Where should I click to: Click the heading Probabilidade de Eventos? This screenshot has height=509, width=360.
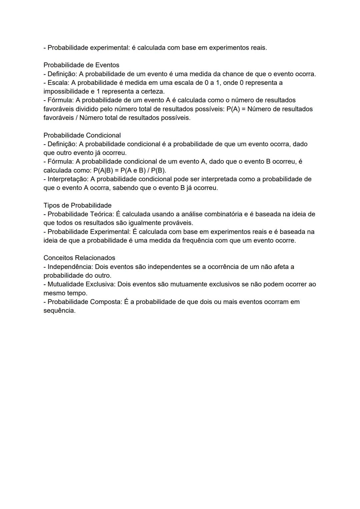81,65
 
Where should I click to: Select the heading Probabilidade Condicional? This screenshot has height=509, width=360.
82,135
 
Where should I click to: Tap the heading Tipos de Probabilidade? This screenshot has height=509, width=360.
77,205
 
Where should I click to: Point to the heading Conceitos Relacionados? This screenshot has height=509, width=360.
79,258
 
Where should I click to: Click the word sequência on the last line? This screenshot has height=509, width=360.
59,311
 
